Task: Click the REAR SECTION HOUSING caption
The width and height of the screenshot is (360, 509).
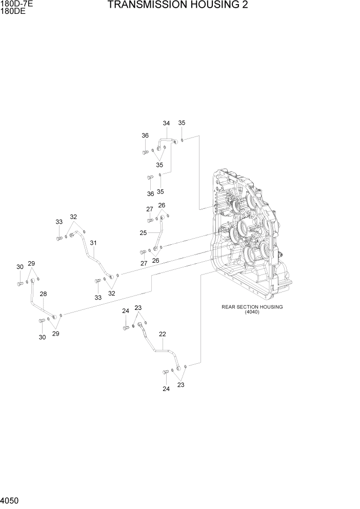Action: tap(252, 307)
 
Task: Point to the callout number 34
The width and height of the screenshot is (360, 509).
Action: tap(166, 123)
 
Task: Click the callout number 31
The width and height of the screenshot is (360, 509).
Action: tap(93, 243)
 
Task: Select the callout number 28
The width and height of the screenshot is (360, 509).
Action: tap(43, 294)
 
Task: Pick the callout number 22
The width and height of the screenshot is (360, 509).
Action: tap(162, 334)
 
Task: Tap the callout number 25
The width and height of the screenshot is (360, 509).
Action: tap(143, 233)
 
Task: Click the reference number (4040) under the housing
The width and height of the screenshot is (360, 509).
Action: tap(252, 312)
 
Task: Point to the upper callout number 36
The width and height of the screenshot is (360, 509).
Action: tap(145, 135)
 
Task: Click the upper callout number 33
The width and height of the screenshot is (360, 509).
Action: tap(59, 222)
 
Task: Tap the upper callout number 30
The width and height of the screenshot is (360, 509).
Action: tap(19, 267)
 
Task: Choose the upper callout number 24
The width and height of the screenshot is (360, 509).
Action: tap(125, 311)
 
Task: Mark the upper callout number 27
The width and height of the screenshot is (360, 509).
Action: tap(150, 209)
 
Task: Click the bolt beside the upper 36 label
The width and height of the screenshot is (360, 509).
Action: tap(145, 152)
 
